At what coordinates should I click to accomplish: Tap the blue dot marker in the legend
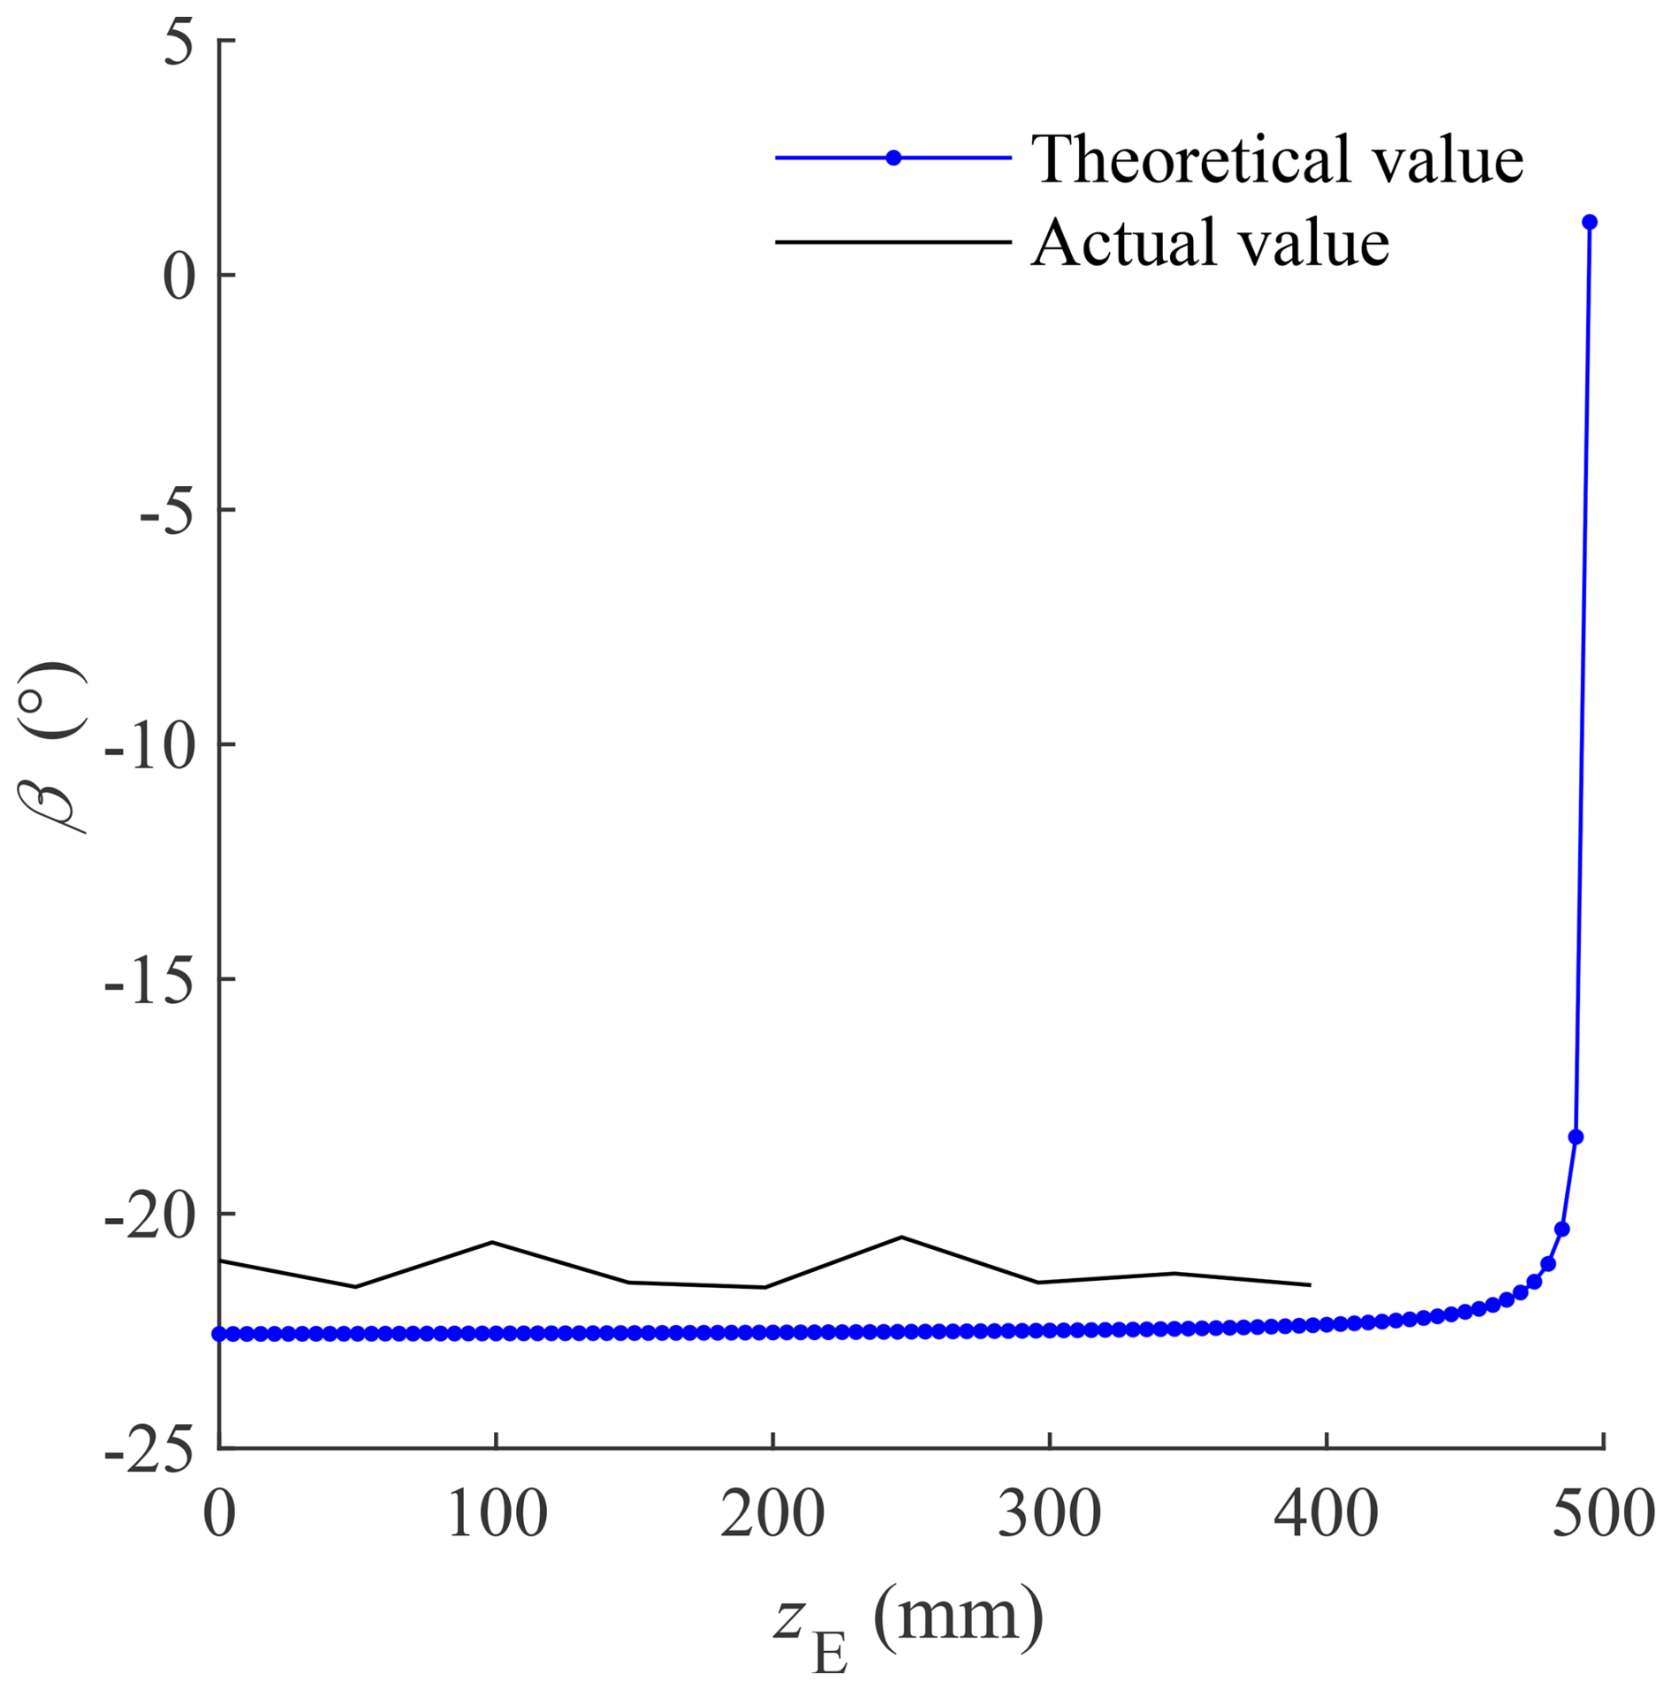[893, 158]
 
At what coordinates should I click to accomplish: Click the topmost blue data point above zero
[1589, 222]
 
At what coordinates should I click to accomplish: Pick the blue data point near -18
[1576, 1137]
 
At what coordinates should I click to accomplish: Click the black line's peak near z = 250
[901, 1237]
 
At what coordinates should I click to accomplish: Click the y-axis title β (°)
[53, 747]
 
